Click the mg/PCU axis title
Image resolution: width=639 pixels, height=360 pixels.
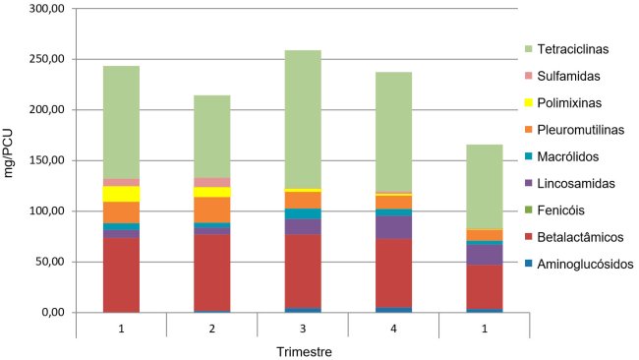tap(12, 160)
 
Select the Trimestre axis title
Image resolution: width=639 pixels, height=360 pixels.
tap(303, 349)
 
